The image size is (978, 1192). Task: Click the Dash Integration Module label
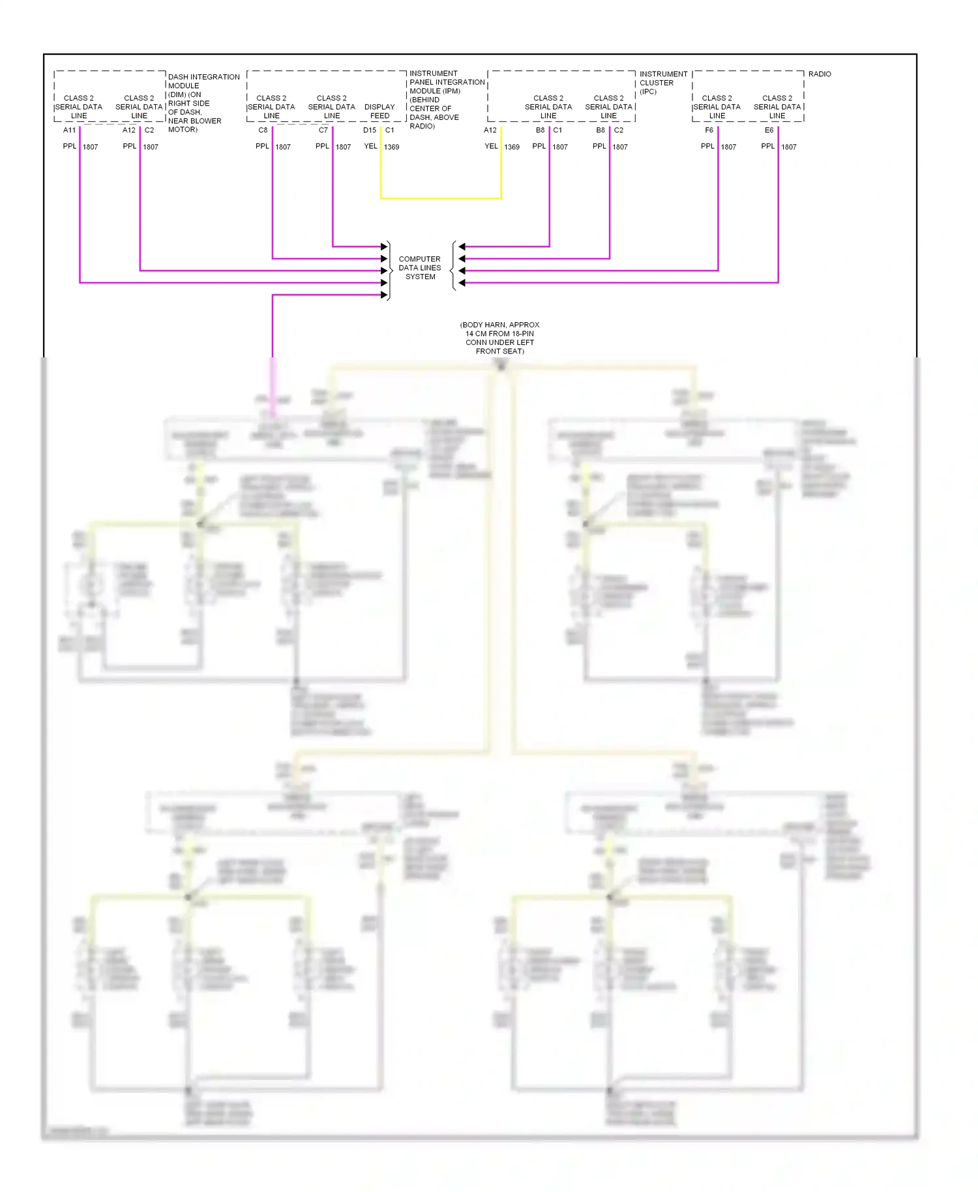click(203, 102)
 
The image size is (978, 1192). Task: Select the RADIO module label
click(820, 74)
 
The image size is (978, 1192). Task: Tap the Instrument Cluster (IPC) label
click(662, 83)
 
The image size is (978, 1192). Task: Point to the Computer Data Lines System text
click(420, 268)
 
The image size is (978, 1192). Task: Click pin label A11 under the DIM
click(69, 130)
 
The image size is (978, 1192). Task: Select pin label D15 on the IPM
click(370, 130)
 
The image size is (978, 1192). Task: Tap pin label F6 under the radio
click(709, 130)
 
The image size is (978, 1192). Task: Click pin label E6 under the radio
click(769, 130)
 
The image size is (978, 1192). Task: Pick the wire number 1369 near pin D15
click(391, 147)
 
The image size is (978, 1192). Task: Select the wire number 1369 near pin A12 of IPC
click(512, 147)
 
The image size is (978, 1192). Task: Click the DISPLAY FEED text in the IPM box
click(379, 112)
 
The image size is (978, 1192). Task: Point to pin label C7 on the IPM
click(323, 130)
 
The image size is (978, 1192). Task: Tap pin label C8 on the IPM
click(263, 130)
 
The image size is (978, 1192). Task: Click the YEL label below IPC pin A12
click(491, 147)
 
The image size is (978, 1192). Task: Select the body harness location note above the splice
click(500, 338)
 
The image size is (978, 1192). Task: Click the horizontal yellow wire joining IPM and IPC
click(441, 198)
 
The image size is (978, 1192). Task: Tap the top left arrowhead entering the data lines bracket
click(385, 246)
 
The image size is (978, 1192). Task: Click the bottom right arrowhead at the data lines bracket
click(462, 283)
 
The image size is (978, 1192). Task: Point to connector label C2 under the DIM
click(149, 130)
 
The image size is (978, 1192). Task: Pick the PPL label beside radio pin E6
click(768, 147)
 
